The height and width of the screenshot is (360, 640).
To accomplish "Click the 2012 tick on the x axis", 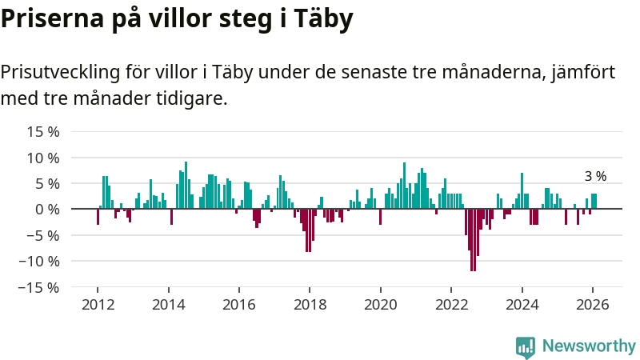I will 98,305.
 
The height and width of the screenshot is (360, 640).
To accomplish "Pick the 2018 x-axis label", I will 310,305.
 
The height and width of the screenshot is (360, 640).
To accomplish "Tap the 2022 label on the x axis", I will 451,305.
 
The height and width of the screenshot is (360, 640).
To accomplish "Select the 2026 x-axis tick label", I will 593,305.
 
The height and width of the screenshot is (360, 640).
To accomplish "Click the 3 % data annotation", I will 595,176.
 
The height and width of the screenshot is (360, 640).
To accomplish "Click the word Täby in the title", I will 320,19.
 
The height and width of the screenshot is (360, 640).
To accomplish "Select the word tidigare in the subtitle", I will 192,99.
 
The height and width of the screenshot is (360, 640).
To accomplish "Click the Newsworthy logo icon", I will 526,346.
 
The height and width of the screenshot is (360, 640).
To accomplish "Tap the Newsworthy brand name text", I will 589,346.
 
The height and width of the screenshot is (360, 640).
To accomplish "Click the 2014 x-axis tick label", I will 169,305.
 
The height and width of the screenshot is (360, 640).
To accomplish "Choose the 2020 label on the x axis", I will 381,305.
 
